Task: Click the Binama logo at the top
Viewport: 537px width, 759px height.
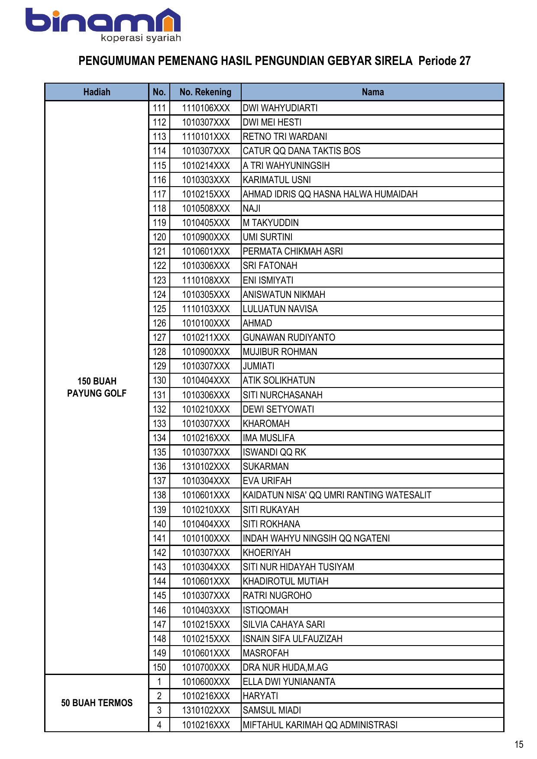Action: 103,25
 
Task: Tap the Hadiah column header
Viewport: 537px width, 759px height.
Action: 97,92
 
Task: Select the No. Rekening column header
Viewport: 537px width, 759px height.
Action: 205,92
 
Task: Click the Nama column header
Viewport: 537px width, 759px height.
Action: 372,92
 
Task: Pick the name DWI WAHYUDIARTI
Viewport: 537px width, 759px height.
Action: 280,108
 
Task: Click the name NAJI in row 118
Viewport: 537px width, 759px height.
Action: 252,208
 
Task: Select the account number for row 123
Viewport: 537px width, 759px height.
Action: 206,280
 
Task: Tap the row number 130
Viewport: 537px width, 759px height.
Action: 159,380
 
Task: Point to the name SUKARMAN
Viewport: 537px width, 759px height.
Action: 265,466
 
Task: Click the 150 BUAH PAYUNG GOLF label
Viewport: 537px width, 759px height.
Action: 97,387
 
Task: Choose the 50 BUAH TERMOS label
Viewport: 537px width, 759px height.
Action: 97,703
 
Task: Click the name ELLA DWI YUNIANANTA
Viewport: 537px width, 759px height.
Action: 289,681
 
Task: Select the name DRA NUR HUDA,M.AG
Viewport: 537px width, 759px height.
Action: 285,667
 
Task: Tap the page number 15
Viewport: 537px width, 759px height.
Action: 519,745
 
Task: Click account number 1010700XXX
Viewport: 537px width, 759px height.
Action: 206,667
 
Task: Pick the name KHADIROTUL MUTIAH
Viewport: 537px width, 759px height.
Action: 285,581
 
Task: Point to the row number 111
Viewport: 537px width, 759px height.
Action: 159,108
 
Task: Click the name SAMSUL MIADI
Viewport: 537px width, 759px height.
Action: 272,710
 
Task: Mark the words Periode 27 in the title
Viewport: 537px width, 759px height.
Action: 444,61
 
